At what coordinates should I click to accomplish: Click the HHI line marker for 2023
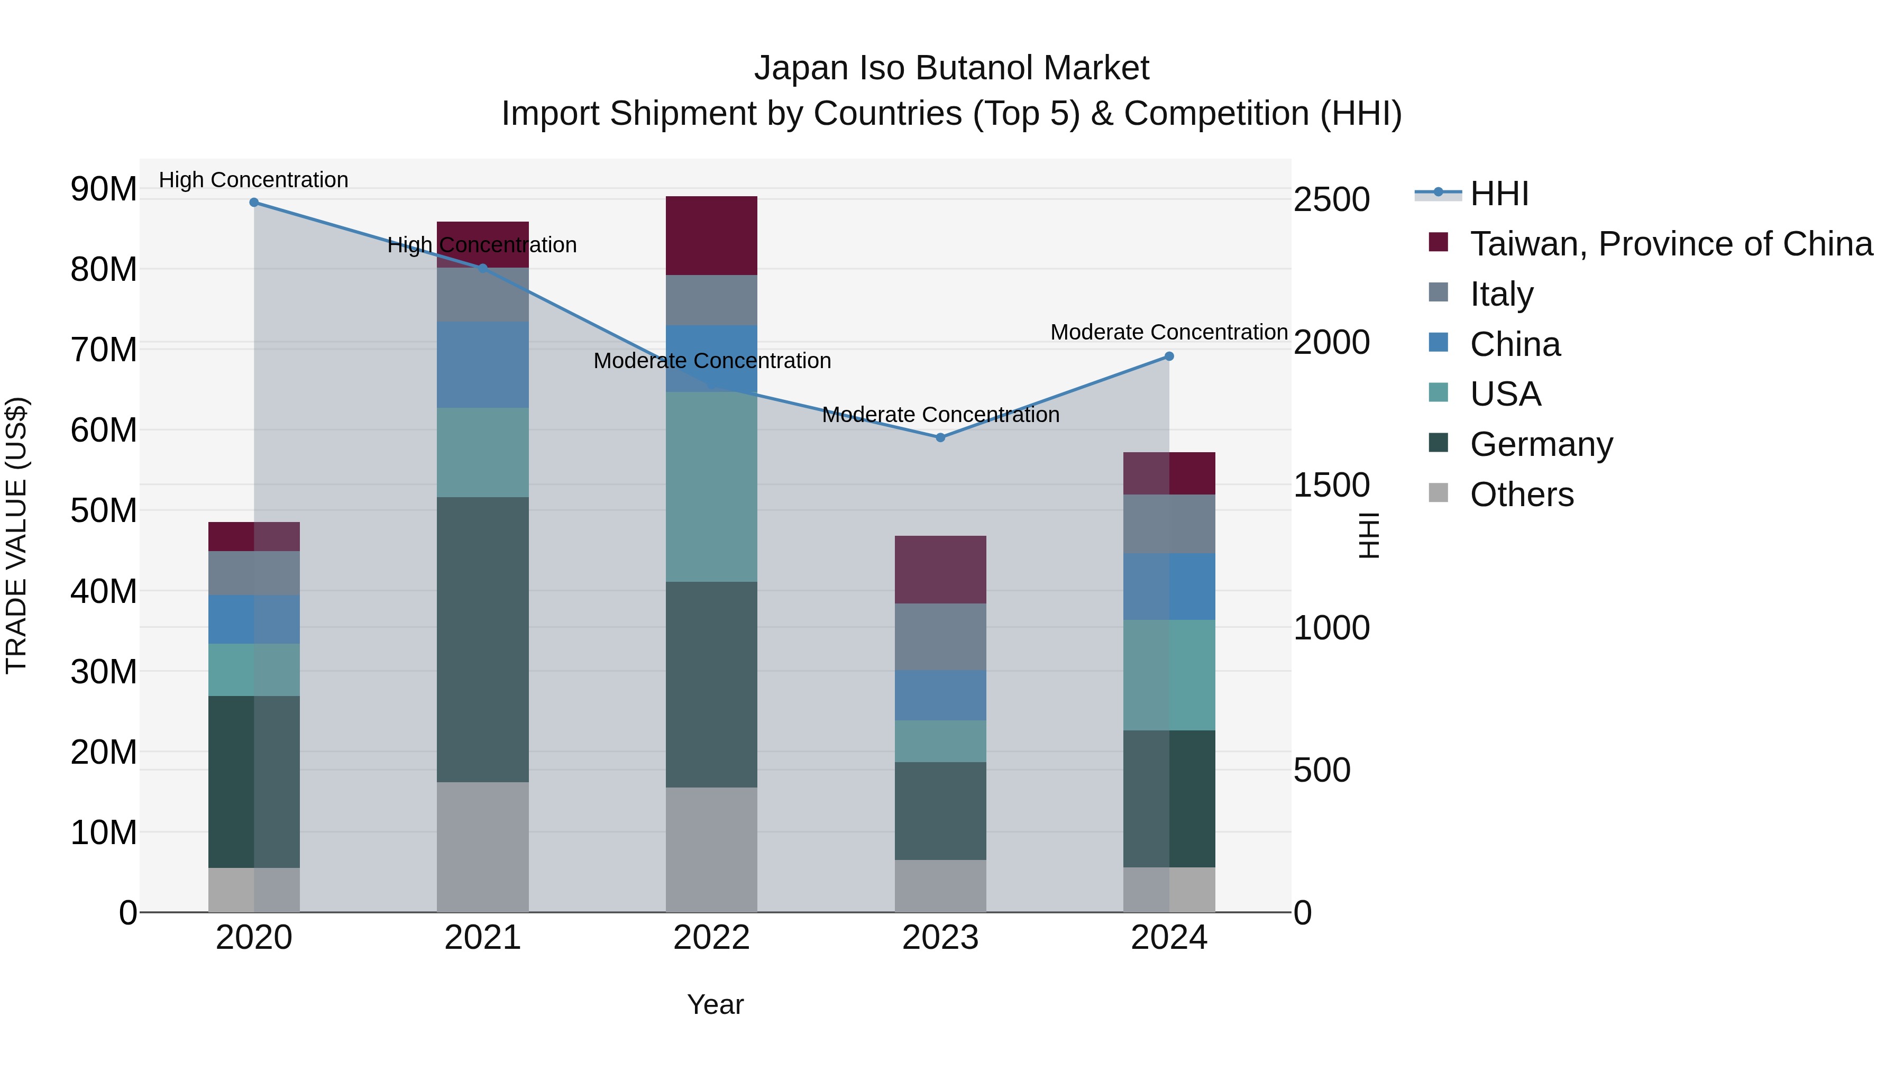tap(940, 437)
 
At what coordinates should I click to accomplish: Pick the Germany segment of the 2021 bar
tap(483, 639)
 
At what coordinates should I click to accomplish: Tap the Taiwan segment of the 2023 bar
tap(940, 569)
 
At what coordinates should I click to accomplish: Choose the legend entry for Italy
tap(1501, 294)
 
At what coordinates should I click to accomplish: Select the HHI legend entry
tap(1498, 194)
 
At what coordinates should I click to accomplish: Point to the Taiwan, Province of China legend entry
tap(1670, 244)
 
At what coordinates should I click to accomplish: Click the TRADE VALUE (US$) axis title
tap(16, 535)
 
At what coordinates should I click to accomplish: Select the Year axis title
tap(715, 1004)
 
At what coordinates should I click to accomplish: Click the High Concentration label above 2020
tap(253, 180)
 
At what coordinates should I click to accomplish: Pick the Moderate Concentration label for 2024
tap(1168, 333)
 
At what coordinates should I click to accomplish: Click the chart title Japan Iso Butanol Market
tap(951, 68)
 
